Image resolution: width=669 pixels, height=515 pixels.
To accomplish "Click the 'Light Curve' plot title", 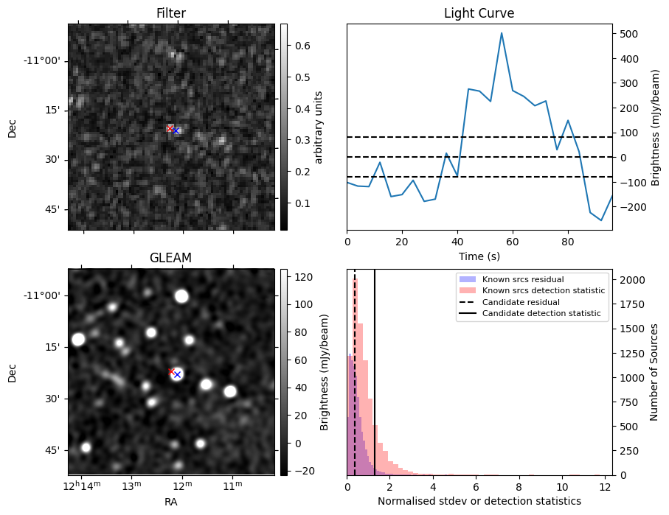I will (x=479, y=13).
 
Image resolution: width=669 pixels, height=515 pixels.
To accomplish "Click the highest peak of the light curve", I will (x=502, y=33).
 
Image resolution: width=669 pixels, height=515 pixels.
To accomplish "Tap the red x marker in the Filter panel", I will (x=170, y=128).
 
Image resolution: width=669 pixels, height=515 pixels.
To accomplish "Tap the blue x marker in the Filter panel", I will (x=176, y=130).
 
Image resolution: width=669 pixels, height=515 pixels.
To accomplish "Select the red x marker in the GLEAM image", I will (x=171, y=372).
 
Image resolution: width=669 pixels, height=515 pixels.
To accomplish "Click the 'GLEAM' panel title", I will (x=170, y=258).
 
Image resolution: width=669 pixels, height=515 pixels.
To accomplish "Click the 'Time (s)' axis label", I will (x=479, y=256).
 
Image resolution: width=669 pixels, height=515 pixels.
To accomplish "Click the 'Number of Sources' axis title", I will (x=654, y=372).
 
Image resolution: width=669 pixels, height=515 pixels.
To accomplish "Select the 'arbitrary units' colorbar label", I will (x=319, y=127).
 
